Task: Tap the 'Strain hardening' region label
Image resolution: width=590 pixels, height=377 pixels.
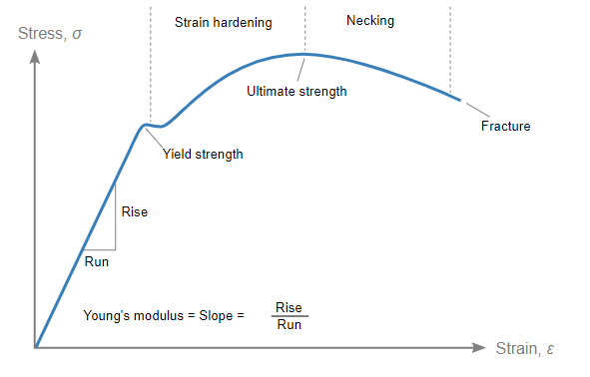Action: pyautogui.click(x=223, y=21)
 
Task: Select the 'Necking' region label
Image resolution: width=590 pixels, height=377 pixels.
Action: pyautogui.click(x=370, y=19)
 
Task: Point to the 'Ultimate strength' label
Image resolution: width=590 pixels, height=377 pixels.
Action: pyautogui.click(x=296, y=91)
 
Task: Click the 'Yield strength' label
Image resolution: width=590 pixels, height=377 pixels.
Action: pyautogui.click(x=203, y=155)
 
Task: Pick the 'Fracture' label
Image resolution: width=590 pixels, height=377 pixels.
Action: pyautogui.click(x=505, y=127)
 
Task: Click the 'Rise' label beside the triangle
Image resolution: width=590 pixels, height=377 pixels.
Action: pyautogui.click(x=134, y=211)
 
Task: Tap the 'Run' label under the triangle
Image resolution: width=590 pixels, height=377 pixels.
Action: pyautogui.click(x=97, y=262)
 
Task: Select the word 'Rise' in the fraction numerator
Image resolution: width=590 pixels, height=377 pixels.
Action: pyautogui.click(x=289, y=307)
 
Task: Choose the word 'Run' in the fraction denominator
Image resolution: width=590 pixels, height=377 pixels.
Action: pyautogui.click(x=289, y=325)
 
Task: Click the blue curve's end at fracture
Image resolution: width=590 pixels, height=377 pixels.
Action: pyautogui.click(x=460, y=99)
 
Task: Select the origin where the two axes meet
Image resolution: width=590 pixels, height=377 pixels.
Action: pyautogui.click(x=36, y=348)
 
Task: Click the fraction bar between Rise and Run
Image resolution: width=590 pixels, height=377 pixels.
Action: pyautogui.click(x=289, y=316)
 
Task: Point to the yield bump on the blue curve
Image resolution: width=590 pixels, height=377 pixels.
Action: pyautogui.click(x=148, y=125)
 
